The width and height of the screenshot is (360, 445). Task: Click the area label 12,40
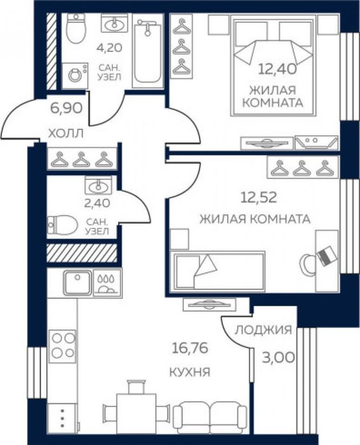click(x=277, y=69)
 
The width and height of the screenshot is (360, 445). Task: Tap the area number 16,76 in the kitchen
click(x=190, y=348)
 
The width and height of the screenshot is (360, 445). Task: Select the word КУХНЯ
click(x=190, y=372)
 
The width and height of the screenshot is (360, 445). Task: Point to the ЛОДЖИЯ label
click(x=263, y=330)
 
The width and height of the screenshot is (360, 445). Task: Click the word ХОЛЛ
click(x=66, y=133)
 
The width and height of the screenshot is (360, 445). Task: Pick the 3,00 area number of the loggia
click(x=278, y=357)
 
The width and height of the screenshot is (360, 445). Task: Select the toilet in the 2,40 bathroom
click(x=62, y=225)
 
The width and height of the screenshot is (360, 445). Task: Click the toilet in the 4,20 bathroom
click(x=76, y=29)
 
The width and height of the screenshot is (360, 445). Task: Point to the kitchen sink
click(x=78, y=283)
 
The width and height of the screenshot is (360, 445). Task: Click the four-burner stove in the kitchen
click(x=62, y=346)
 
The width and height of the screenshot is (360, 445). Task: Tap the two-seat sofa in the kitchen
click(x=210, y=417)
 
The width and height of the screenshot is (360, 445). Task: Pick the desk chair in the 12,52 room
click(x=307, y=264)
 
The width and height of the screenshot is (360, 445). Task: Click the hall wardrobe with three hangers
click(x=82, y=159)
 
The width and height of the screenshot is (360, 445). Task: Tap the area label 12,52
click(x=258, y=198)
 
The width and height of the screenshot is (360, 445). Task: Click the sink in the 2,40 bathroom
click(x=98, y=186)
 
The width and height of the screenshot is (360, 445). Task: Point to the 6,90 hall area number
click(x=66, y=108)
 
